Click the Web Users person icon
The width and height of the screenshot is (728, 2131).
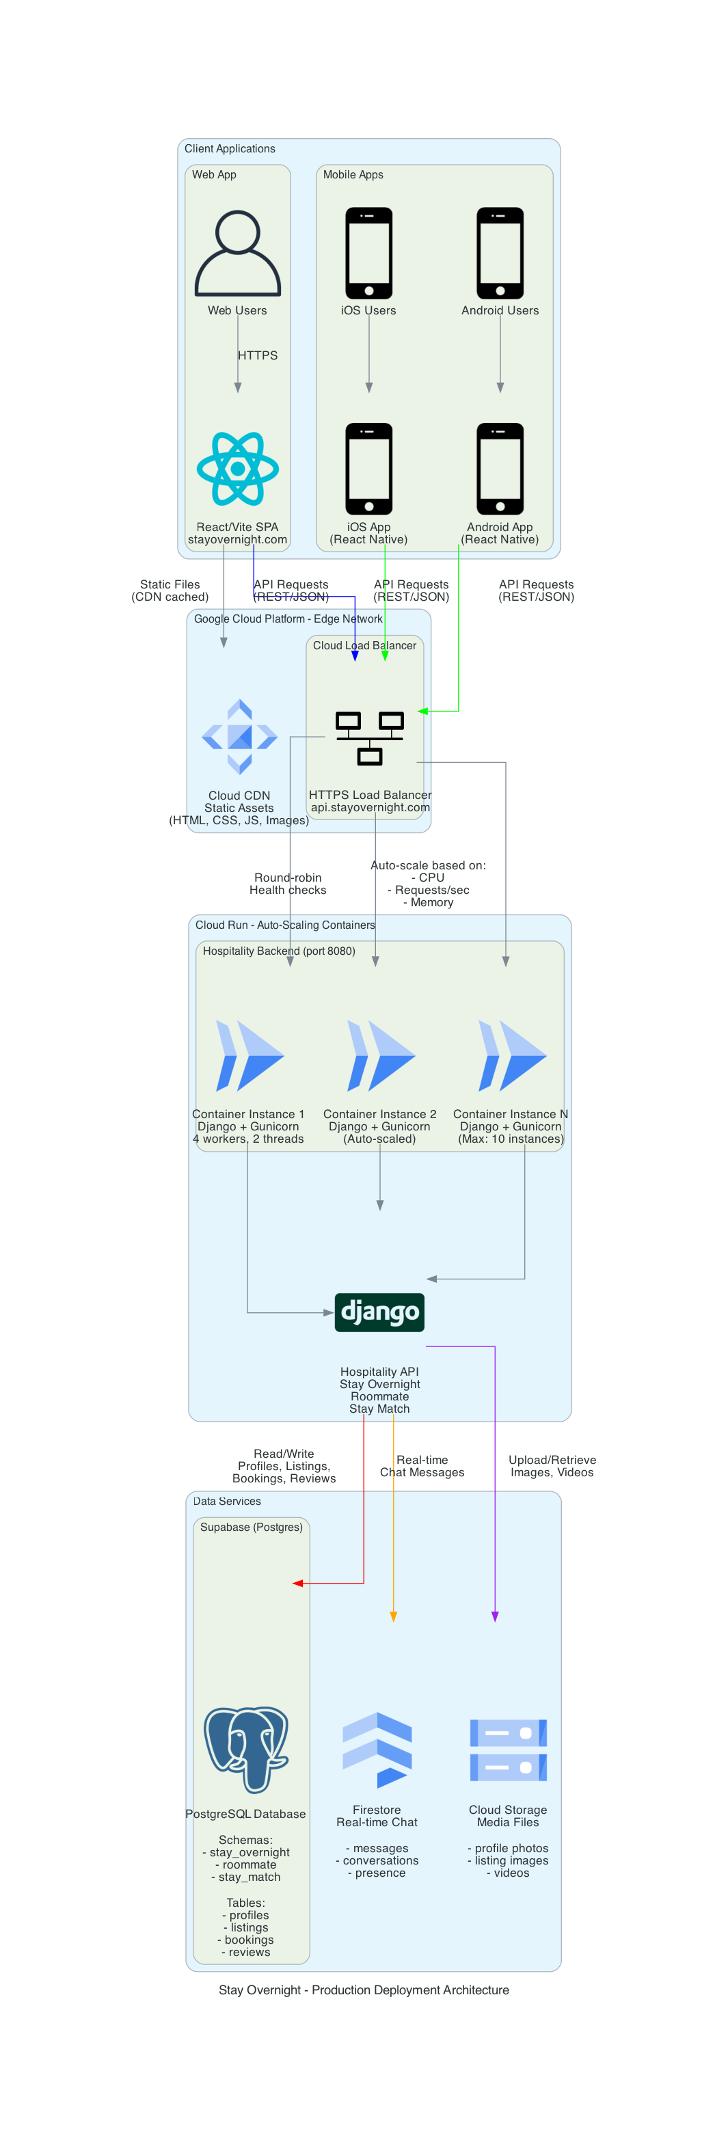[x=237, y=253]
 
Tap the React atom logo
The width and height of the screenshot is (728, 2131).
[x=237, y=468]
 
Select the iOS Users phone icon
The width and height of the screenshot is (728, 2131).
[x=368, y=253]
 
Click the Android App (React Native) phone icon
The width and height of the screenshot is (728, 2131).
[x=500, y=468]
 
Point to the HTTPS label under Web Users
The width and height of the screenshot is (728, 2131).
[x=257, y=355]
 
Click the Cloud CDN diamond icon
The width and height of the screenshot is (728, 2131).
[x=239, y=736]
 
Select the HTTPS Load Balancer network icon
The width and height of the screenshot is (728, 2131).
[x=369, y=737]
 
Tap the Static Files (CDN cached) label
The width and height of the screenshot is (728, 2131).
[x=170, y=591]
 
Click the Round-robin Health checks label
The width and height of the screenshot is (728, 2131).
[x=288, y=884]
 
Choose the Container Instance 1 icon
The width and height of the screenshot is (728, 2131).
[x=249, y=1055]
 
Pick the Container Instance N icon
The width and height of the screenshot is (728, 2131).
[x=511, y=1055]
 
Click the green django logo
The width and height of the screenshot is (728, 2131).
[x=379, y=1312]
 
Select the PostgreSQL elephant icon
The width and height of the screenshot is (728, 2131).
[x=245, y=1749]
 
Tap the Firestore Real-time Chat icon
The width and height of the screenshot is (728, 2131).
[x=377, y=1749]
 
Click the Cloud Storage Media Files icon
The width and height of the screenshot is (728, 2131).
[x=508, y=1749]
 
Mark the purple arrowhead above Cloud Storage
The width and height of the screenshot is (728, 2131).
[x=495, y=1616]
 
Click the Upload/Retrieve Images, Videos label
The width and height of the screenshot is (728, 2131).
[x=552, y=1466]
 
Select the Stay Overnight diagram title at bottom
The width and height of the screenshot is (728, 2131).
[x=363, y=1990]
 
